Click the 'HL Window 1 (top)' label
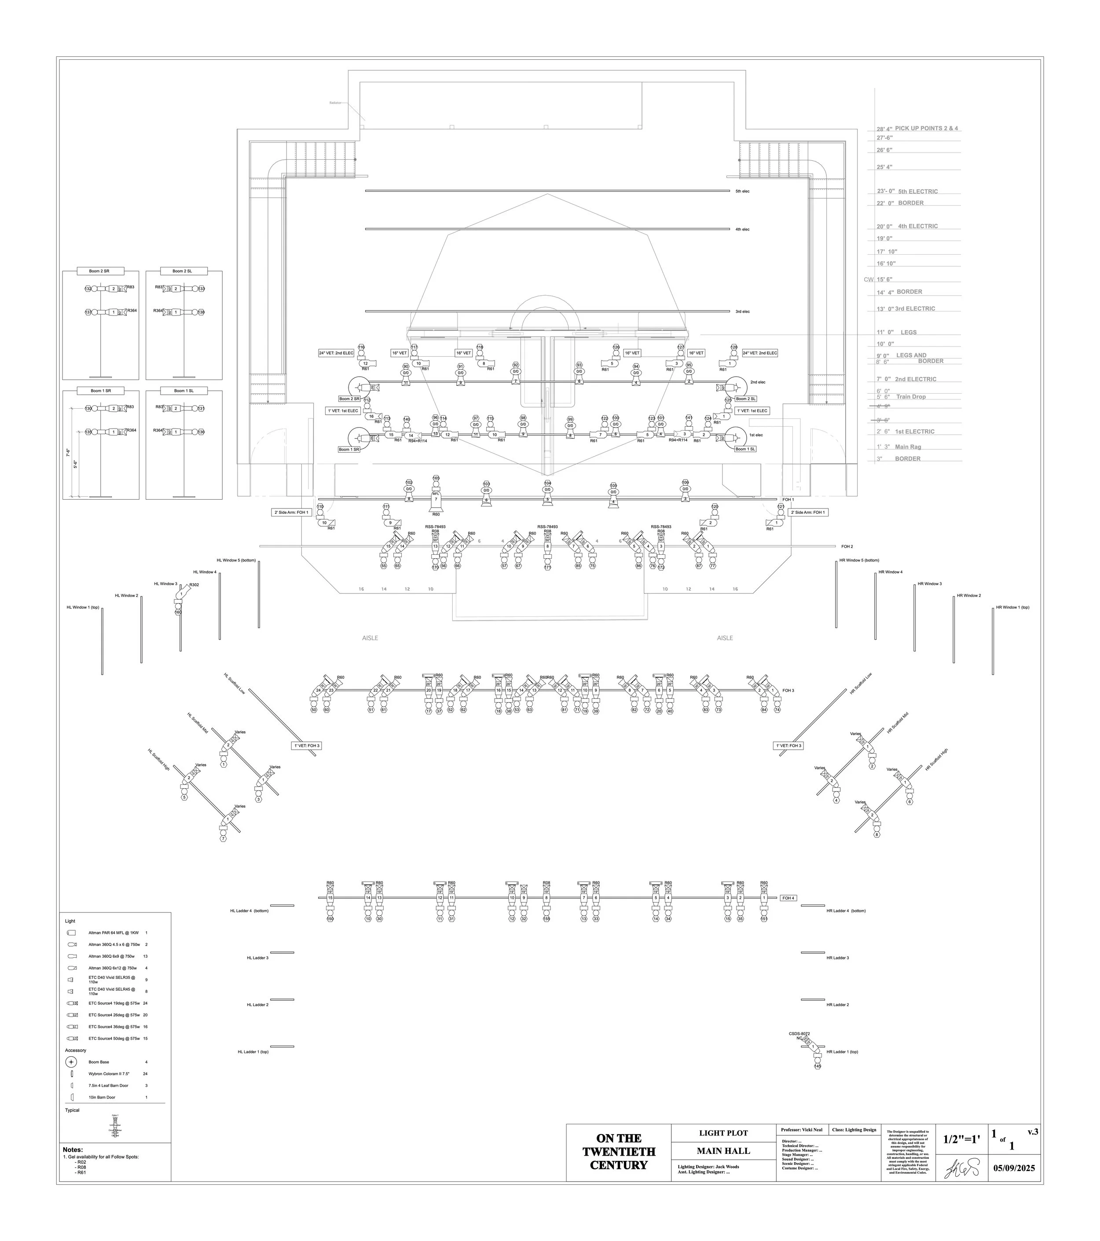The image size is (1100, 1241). [x=83, y=607]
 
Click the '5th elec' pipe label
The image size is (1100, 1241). [x=742, y=191]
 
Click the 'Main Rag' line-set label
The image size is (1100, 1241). [x=907, y=447]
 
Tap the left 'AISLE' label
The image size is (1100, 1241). [x=370, y=638]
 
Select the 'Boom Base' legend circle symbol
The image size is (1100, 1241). [x=72, y=1062]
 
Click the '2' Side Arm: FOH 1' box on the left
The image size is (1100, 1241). [x=291, y=513]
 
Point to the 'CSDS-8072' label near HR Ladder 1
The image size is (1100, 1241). [x=799, y=1033]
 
